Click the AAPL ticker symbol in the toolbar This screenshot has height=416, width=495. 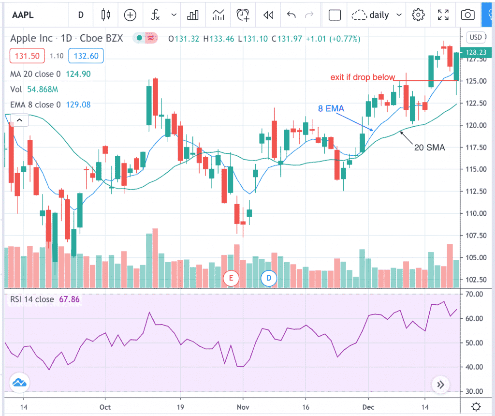point(24,15)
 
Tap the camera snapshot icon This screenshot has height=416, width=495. point(467,15)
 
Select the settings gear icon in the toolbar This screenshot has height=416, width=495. point(418,15)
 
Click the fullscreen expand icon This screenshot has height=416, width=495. point(443,15)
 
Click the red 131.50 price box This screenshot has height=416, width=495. point(27,56)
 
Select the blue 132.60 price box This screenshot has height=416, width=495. point(87,56)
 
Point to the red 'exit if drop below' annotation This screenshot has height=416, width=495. point(363,77)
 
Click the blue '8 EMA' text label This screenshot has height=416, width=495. point(331,109)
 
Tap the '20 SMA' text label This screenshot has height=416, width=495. point(429,148)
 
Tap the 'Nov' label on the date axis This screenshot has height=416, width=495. point(243,407)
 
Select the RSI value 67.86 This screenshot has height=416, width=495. point(69,299)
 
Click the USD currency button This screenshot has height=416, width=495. point(476,37)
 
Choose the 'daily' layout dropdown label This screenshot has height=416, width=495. point(379,15)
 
